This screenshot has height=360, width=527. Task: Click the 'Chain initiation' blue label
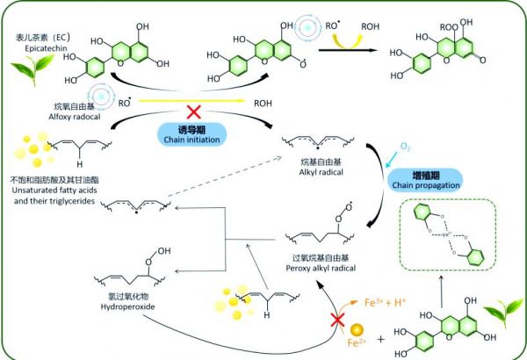coord(195,135)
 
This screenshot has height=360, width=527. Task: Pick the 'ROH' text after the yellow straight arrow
coord(263,103)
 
